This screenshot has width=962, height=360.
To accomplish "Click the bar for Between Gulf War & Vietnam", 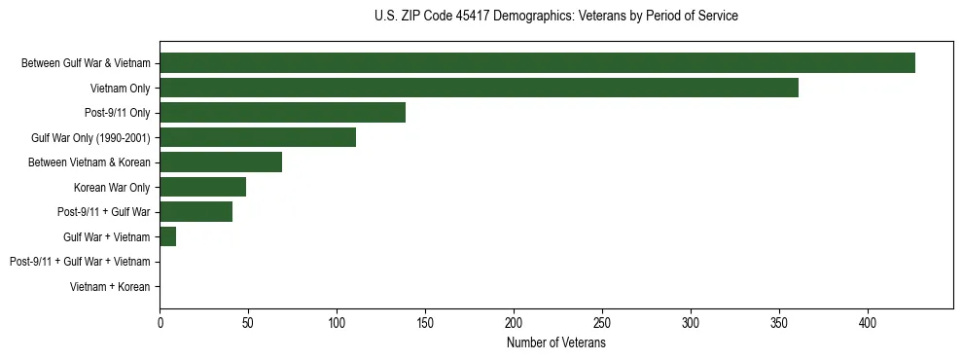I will coord(537,63).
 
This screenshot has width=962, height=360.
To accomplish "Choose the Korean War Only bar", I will coord(202,187).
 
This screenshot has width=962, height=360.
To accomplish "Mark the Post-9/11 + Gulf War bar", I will coord(196,212).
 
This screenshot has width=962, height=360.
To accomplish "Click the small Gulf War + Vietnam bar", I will coord(168,236).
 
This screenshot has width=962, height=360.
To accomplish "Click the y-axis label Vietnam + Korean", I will coord(110,287).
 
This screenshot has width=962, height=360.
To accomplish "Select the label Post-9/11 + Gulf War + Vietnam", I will coord(80,262).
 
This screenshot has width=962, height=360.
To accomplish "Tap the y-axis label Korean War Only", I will coord(112,188).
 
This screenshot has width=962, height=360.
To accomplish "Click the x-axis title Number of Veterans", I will coord(555,342).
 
